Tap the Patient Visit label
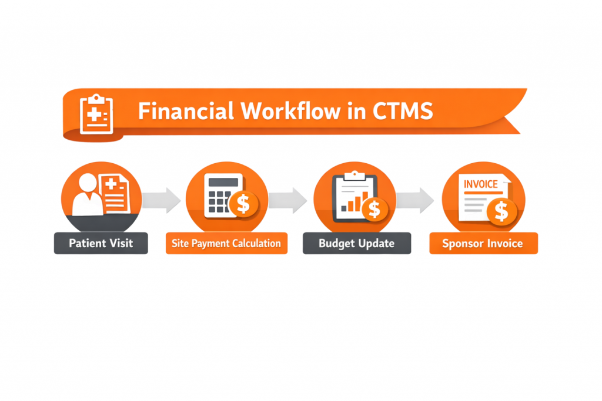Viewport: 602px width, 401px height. coord(101,243)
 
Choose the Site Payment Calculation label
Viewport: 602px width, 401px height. coord(226,243)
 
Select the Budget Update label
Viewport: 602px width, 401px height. coord(356,243)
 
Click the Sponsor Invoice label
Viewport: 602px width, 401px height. coord(483,243)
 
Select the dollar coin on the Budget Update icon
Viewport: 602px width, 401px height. coord(374,208)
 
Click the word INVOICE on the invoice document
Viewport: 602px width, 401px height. coord(480,184)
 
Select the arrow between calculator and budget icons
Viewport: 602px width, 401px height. coord(290,200)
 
